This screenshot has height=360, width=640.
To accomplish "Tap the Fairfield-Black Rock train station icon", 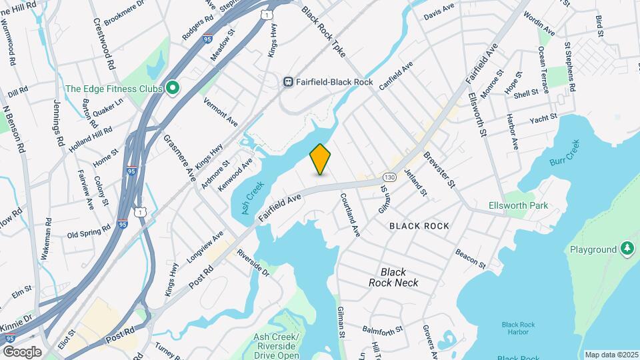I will [x=288, y=81].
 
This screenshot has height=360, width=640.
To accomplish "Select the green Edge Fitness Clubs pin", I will [x=173, y=88].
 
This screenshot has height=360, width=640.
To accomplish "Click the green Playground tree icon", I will [x=627, y=249].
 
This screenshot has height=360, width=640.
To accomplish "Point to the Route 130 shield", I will [x=390, y=178].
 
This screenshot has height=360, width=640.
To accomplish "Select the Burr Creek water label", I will [x=565, y=153].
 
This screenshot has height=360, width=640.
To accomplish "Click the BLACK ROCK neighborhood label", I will [x=419, y=226].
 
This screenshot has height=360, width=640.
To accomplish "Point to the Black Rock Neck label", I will [x=393, y=277].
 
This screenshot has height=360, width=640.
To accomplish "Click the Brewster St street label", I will [x=440, y=169].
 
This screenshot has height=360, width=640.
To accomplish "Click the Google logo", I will [x=22, y=352].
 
